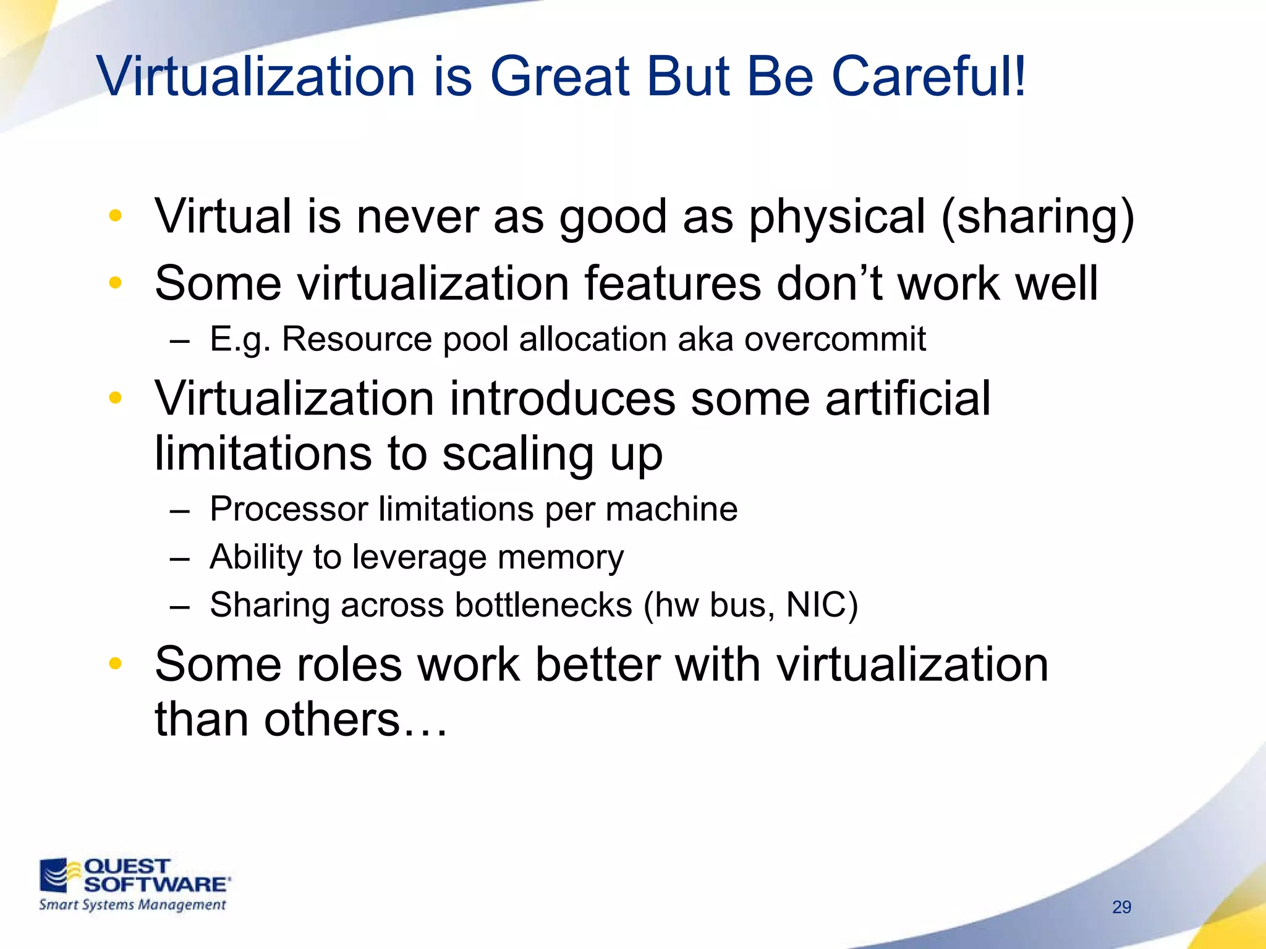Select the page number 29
tap(1121, 907)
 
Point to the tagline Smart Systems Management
tap(132, 905)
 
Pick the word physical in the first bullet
tap(838, 217)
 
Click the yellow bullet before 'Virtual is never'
tap(115, 216)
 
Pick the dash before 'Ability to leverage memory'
tap(179, 558)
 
